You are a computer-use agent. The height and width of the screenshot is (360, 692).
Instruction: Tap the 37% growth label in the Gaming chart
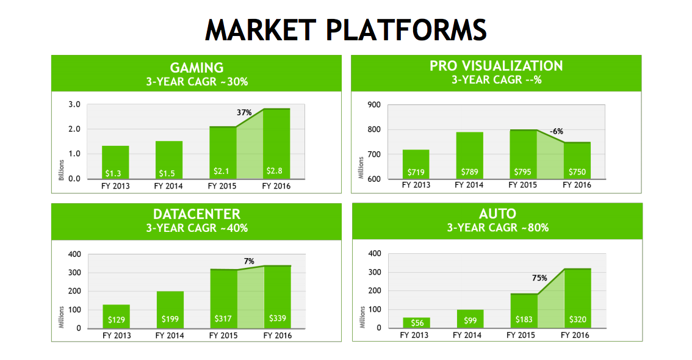[245, 112]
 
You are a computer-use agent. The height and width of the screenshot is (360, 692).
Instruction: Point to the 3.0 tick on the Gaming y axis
[74, 104]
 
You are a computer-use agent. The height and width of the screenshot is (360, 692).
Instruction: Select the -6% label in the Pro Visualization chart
[556, 131]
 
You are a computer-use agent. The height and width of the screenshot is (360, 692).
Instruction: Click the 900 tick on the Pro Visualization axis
[373, 104]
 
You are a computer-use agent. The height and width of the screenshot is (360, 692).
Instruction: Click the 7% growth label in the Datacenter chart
[249, 261]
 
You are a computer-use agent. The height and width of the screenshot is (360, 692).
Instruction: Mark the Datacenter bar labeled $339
[277, 297]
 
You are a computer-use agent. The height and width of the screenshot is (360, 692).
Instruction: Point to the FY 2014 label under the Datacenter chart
[170, 336]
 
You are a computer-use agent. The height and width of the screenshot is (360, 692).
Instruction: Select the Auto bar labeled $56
[416, 323]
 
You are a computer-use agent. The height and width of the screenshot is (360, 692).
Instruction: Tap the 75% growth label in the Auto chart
[539, 278]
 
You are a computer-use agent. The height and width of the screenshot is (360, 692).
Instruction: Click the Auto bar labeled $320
[577, 298]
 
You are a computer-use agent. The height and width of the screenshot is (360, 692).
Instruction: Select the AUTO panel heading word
[497, 214]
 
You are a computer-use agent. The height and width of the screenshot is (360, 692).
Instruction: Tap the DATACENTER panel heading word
[196, 214]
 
